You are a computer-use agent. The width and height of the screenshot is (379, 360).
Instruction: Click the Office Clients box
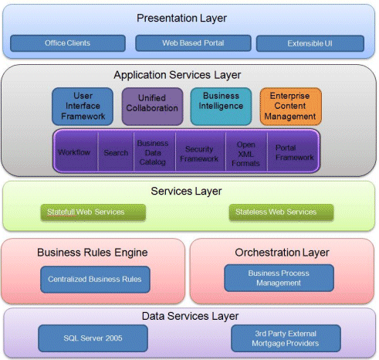pos(68,43)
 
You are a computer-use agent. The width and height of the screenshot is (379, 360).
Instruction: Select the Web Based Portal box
pos(193,43)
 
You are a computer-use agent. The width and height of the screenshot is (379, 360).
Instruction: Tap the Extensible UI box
pos(310,43)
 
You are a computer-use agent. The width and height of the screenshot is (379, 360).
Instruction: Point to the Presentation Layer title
pos(181,18)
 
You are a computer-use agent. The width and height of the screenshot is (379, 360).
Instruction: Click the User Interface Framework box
pos(83,107)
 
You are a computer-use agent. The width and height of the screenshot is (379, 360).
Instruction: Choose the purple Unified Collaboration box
pos(152,107)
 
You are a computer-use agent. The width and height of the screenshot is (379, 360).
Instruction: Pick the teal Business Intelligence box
pos(221,107)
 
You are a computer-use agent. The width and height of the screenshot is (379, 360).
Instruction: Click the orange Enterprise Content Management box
pos(290,107)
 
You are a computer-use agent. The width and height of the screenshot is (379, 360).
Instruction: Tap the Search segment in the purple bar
pos(116,151)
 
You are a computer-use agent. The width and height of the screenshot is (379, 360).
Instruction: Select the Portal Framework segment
pos(293,151)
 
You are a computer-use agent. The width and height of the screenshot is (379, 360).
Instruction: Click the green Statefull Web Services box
pos(93,212)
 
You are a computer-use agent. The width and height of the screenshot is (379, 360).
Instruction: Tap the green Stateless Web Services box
pos(281,212)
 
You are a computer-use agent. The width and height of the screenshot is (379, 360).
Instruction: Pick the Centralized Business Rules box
pos(95,280)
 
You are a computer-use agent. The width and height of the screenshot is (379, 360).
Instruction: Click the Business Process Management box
pos(279,278)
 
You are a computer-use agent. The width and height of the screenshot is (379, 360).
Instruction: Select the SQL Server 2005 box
pos(93,338)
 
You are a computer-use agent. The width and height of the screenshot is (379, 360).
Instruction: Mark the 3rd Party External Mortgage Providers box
pos(286,338)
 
